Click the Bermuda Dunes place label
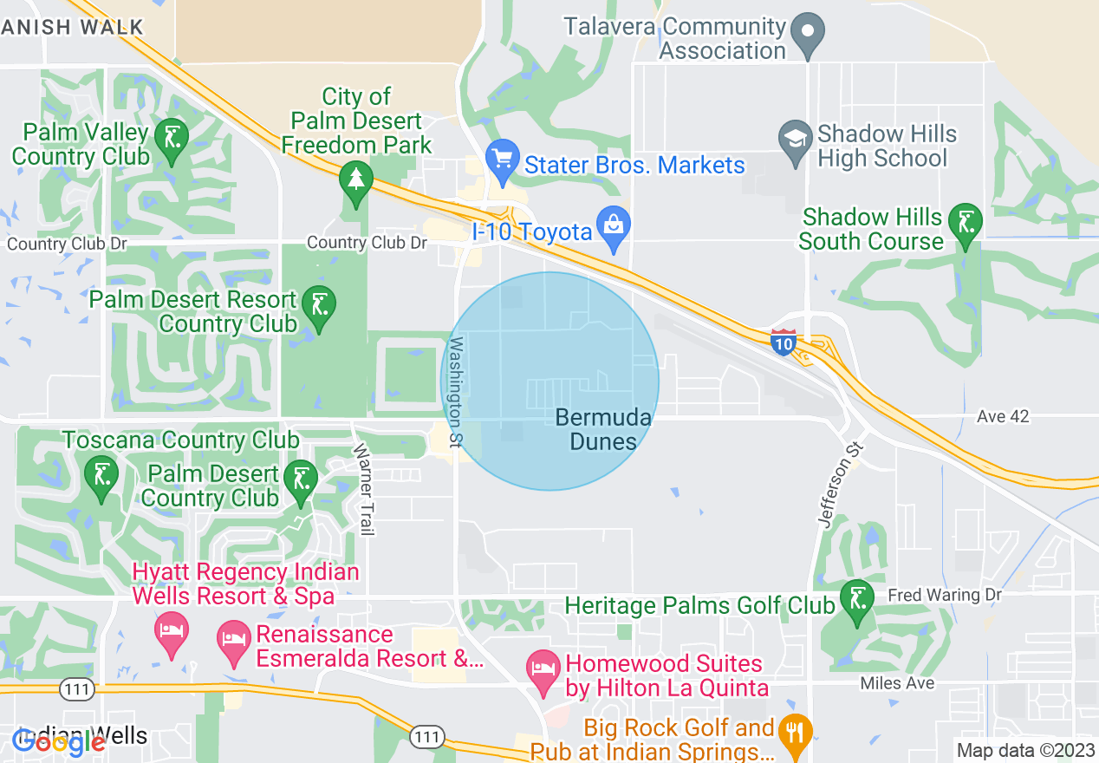point(603,429)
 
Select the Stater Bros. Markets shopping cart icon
point(501,158)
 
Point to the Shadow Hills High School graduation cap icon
point(794,140)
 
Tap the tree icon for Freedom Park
point(355,179)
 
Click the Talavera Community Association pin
point(808,30)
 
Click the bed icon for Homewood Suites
point(543,669)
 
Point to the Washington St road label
point(454,393)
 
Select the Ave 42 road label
point(1003,416)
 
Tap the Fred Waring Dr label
point(945,596)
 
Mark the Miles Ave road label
point(897,683)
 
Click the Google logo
point(58,741)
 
